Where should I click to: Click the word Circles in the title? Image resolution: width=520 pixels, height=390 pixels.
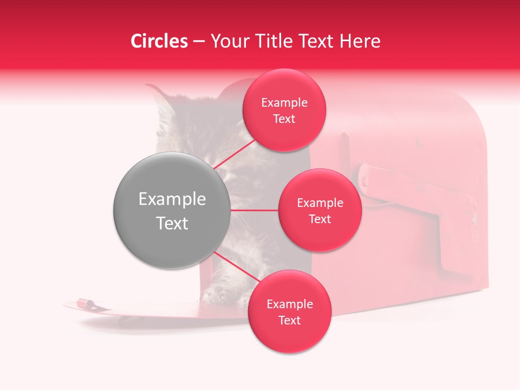[159, 41]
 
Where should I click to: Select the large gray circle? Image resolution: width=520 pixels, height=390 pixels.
[172, 211]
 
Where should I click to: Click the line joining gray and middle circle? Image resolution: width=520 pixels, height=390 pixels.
[254, 210]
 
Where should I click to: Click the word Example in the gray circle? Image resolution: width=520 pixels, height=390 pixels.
[172, 199]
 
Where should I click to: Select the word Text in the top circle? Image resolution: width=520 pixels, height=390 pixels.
[284, 119]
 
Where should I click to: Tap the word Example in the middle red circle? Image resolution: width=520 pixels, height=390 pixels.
[320, 203]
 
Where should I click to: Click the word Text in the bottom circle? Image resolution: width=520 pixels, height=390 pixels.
[289, 321]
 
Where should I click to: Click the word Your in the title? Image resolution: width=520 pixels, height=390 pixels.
[227, 41]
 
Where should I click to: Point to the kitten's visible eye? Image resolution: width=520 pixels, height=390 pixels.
[223, 172]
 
